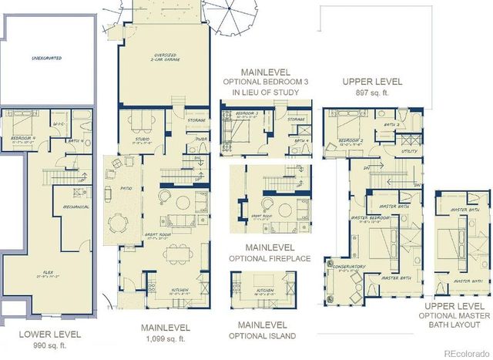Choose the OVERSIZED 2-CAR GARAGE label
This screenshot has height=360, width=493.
pyautogui.click(x=163, y=58)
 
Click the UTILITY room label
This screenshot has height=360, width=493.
pyautogui.click(x=408, y=152)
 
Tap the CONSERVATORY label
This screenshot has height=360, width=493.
pyautogui.click(x=350, y=267)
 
